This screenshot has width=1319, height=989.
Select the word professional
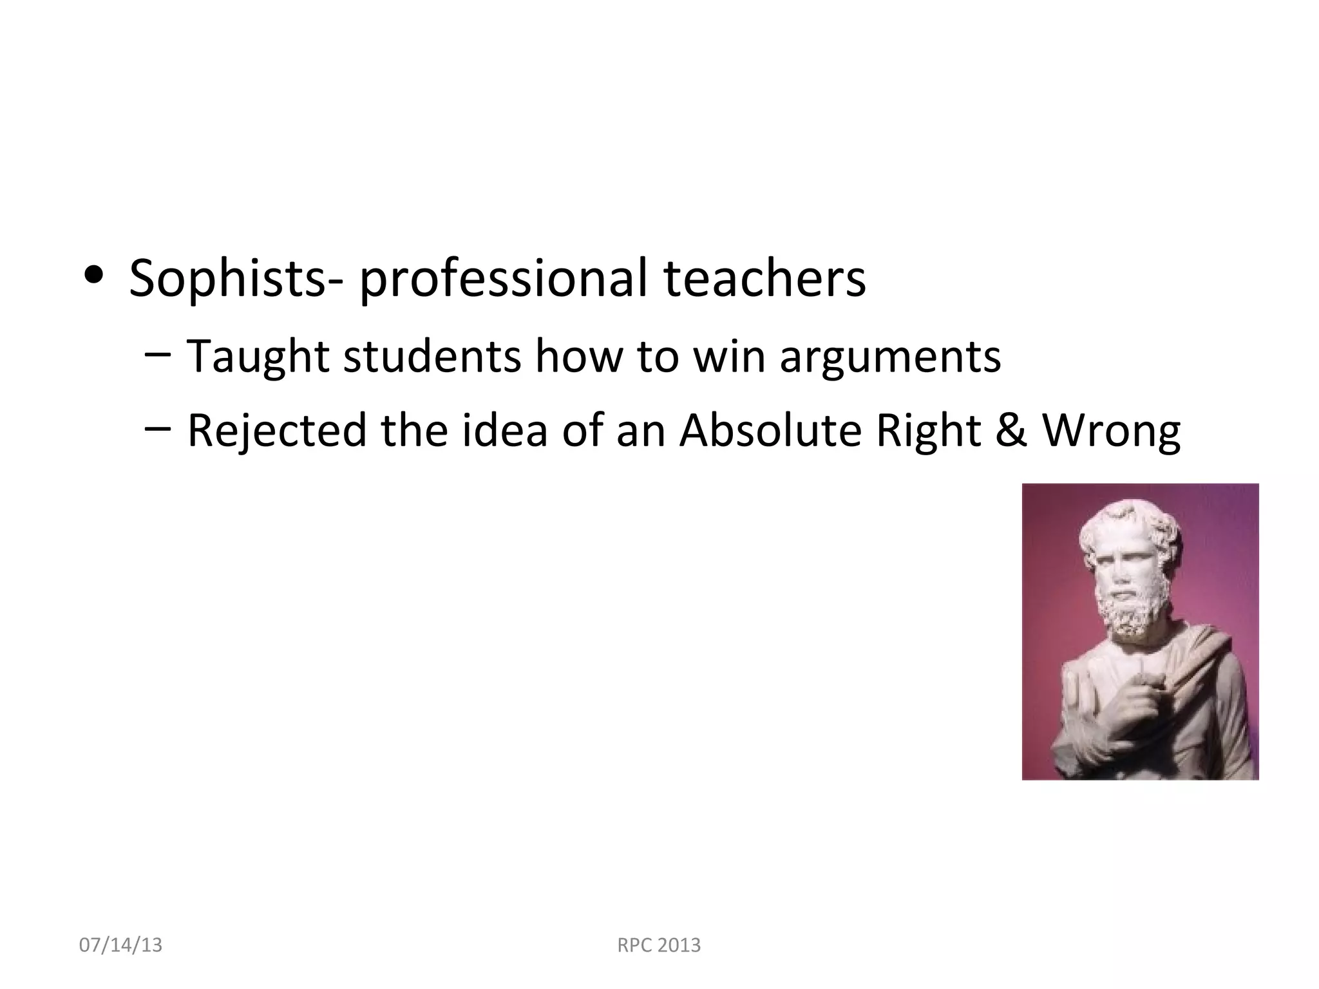[502, 279]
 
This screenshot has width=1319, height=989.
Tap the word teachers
[764, 278]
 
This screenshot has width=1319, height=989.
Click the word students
[432, 356]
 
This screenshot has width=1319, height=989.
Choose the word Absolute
[770, 429]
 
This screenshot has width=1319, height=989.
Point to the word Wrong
[1111, 431]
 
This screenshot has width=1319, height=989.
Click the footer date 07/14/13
[120, 945]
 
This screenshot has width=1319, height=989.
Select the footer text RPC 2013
[659, 945]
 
